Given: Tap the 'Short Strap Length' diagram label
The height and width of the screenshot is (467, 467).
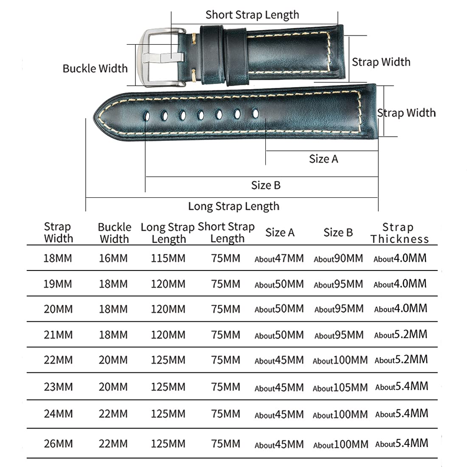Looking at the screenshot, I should point(252,15).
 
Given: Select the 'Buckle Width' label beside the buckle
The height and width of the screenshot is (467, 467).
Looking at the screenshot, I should point(95,69).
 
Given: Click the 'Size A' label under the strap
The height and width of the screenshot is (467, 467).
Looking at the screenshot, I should point(324,159).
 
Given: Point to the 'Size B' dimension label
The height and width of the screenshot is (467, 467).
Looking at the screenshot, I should point(266,185).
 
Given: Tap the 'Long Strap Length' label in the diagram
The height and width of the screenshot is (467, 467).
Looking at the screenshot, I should point(234,206).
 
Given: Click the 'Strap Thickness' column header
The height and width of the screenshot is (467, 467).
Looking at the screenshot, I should point(399,233).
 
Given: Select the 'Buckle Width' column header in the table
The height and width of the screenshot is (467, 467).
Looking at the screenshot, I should point(115,233).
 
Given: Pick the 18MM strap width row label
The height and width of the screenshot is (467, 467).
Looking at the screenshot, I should point(58,258).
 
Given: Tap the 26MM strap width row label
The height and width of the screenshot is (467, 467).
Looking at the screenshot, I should point(58,444).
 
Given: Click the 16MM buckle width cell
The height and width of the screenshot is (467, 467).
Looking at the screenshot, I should point(113,258).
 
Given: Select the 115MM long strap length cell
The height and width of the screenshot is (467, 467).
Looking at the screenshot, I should point(168,258).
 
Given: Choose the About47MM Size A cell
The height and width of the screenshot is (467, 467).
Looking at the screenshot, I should point(279,259).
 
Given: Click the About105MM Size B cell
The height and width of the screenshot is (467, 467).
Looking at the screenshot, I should point(340,387).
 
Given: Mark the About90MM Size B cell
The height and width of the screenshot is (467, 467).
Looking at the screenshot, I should point(338,259).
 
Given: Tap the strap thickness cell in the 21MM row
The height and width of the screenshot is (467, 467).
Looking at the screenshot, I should point(400,335).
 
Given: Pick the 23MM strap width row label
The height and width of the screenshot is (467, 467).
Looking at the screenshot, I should point(58,387).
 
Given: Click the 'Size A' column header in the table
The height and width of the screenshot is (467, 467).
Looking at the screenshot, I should point(280,233).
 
